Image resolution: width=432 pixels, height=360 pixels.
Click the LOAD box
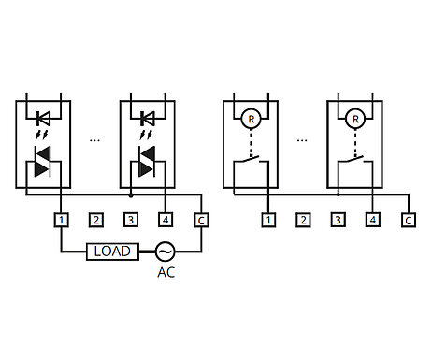click(x=112, y=252)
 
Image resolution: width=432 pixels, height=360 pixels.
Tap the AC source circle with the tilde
click(x=165, y=252)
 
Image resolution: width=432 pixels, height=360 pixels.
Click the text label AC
click(x=166, y=273)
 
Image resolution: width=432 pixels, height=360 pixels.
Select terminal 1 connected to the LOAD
click(x=61, y=221)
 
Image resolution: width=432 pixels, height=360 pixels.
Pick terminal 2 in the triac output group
click(x=95, y=221)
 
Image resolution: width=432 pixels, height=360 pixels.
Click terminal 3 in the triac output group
click(x=130, y=221)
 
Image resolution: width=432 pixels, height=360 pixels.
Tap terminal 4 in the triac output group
click(x=166, y=221)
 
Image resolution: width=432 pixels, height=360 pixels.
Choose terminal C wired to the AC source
click(x=200, y=221)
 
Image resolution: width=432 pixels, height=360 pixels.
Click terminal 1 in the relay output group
click(x=268, y=221)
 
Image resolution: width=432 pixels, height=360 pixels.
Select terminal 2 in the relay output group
click(x=303, y=221)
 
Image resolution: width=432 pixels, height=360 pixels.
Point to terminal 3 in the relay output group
click(x=338, y=221)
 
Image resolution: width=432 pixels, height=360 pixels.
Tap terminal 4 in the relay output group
click(x=373, y=221)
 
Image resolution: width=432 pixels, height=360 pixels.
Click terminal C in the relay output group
click(x=408, y=221)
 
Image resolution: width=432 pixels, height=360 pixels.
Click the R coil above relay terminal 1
click(x=251, y=119)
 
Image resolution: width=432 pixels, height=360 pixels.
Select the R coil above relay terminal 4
click(x=354, y=119)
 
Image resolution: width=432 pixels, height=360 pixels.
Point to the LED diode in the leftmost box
click(x=43, y=119)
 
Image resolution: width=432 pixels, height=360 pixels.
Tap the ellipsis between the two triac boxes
click(x=94, y=140)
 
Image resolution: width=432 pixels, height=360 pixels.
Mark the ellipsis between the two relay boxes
click(x=302, y=140)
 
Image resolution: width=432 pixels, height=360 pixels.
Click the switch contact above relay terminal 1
click(x=251, y=168)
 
